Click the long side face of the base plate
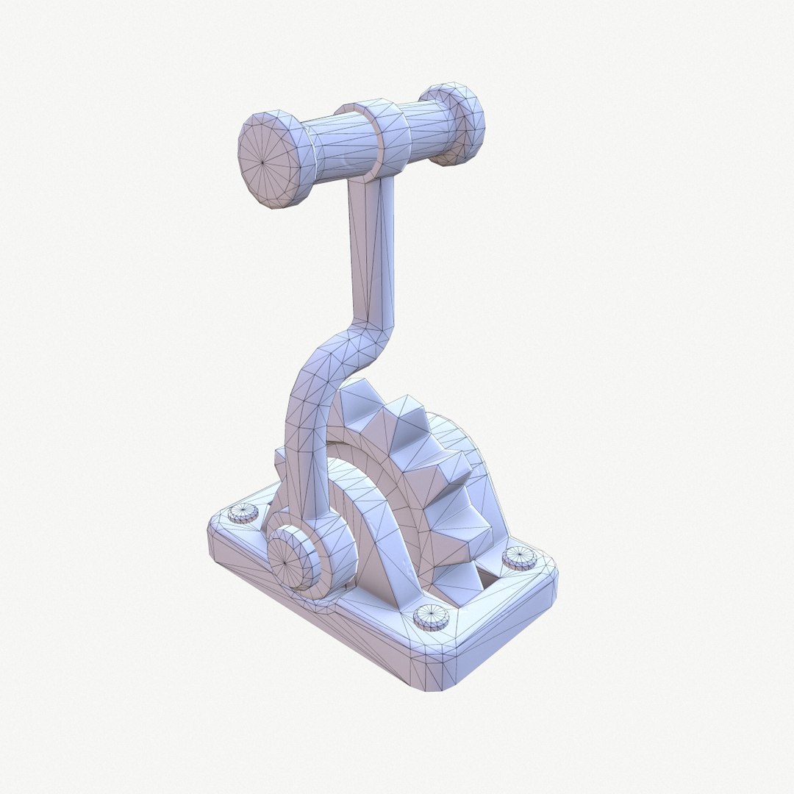coord(316,625)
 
